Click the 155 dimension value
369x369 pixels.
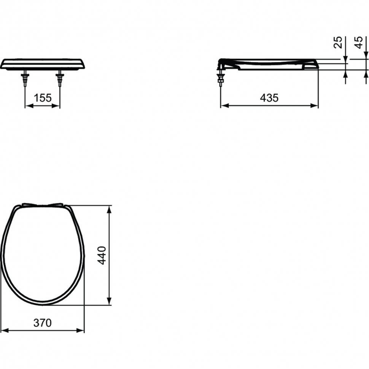[43, 98]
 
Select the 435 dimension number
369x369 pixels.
[269, 98]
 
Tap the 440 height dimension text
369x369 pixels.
[102, 255]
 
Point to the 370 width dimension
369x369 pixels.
[43, 323]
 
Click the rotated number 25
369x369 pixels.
[338, 42]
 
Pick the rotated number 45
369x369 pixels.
[359, 42]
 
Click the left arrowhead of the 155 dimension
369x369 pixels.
[29, 106]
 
